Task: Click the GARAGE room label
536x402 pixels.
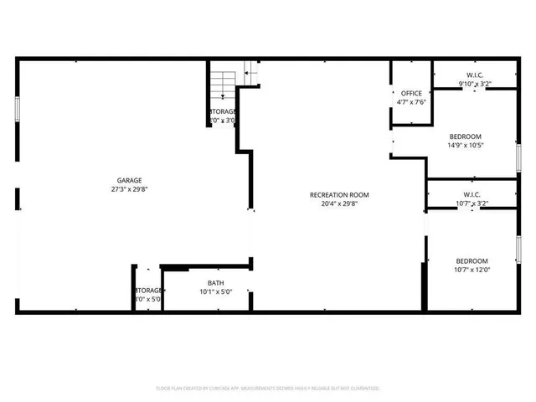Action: [129, 180]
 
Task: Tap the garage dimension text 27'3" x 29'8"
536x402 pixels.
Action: [129, 189]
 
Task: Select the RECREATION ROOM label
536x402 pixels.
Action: [339, 195]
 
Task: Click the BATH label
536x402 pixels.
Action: [215, 283]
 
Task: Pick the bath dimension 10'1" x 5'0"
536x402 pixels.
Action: [215, 292]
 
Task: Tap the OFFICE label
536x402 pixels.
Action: [411, 93]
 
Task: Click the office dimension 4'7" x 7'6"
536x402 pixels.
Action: [411, 102]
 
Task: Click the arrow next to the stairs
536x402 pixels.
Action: [249, 75]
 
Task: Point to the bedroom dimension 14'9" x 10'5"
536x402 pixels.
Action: [466, 146]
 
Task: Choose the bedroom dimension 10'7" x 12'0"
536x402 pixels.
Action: [472, 270]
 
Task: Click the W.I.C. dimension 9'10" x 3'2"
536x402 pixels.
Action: [474, 84]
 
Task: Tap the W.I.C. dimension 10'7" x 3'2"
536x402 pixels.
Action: [472, 204]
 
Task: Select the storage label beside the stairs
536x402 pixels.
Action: [223, 111]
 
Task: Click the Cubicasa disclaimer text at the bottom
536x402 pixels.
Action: [268, 389]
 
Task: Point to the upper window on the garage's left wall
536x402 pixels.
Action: [17, 111]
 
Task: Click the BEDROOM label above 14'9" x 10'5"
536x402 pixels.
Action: [466, 137]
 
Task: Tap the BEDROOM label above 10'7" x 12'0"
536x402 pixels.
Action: [472, 260]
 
